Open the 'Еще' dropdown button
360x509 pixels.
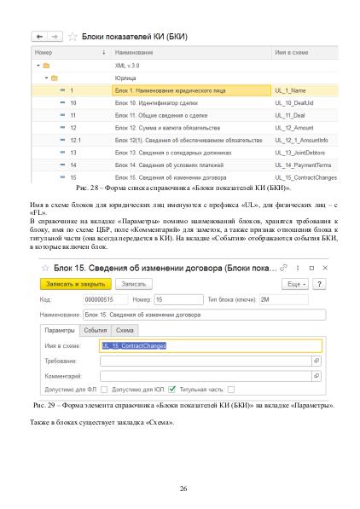tap(297, 283)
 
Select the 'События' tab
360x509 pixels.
tap(96, 329)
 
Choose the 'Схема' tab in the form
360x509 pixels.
tap(125, 329)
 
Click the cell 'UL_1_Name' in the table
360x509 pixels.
tap(305, 89)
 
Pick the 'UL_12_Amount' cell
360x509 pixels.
tap(305, 126)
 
